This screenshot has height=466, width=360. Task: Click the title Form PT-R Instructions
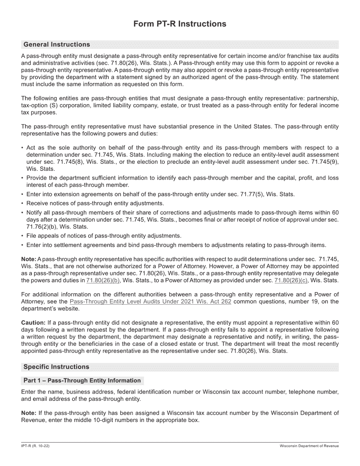pos(180,24)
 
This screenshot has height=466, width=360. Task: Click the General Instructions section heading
pos(57,45)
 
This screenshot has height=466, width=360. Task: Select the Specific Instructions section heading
pos(56,367)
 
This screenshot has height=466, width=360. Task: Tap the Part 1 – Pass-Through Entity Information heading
pos(82,380)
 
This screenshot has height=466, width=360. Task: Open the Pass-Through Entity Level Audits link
pos(150,302)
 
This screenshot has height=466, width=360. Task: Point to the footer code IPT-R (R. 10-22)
pos(35,446)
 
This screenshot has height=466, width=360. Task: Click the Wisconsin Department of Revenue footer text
pos(309,446)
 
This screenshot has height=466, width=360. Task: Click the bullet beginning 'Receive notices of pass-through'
pos(95,203)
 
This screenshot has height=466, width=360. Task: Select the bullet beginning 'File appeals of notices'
pos(104,236)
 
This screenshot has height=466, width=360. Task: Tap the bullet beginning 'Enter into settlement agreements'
pos(176,245)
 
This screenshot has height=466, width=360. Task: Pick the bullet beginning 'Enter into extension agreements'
pos(160,194)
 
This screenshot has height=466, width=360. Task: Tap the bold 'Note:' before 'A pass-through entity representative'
pos(29,259)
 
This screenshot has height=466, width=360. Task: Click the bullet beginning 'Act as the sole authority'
pos(182,148)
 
